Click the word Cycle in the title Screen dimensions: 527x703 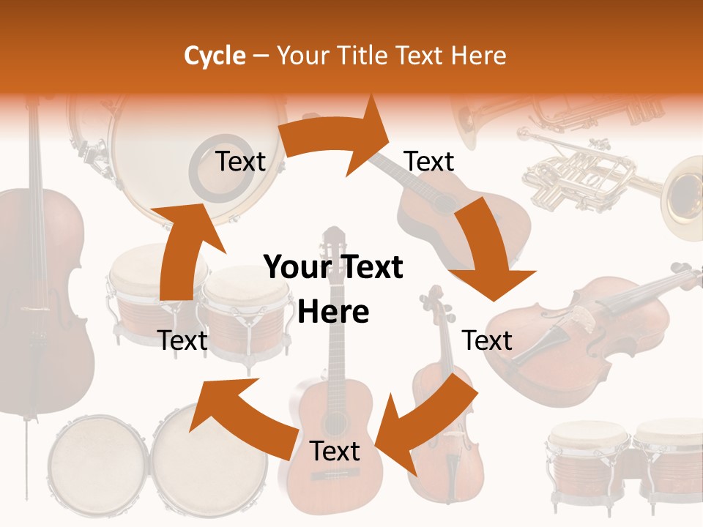215,56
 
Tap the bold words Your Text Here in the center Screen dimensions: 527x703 333,289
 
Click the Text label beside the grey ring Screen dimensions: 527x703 240,162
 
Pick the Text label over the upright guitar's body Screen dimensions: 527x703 335,451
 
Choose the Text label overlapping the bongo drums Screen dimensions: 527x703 183,340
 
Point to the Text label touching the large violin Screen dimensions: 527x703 487,340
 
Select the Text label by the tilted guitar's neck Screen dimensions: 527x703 429,162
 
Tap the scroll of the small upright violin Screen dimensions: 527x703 432,297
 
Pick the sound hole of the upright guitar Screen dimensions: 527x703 334,422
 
